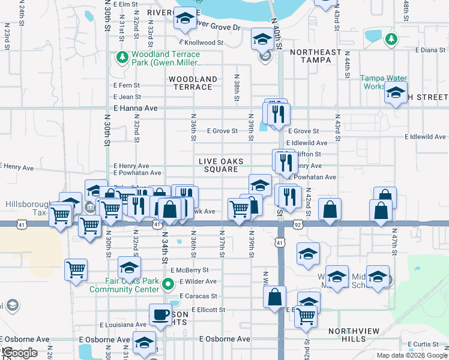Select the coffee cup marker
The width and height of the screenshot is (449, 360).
(160, 314)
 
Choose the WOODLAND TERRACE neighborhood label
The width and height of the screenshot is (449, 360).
(193, 83)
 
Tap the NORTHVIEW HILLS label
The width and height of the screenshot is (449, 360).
(347, 335)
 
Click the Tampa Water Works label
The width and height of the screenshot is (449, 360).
(384, 82)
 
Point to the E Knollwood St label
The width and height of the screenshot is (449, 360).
(201, 43)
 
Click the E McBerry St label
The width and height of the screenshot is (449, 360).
(189, 271)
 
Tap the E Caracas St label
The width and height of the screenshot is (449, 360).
(197, 296)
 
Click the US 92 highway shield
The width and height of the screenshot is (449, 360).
(298, 224)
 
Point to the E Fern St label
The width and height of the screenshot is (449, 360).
(127, 86)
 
